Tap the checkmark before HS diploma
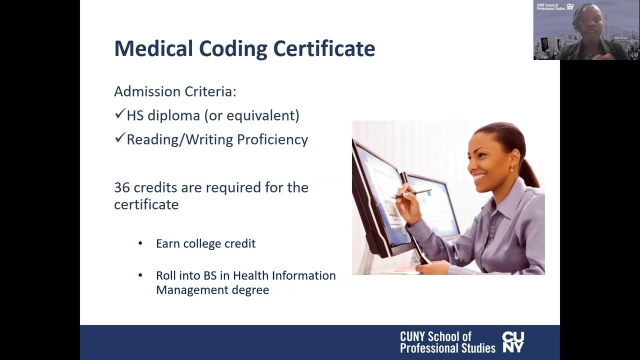[119, 115]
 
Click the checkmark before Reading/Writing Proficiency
[119, 138]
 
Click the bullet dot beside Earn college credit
[140, 243]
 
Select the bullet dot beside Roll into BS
[140, 275]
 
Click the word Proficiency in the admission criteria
[272, 139]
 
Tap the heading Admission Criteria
[175, 91]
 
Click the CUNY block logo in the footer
[513, 342]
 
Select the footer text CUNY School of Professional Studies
[447, 342]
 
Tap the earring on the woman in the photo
[511, 168]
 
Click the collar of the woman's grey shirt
[505, 200]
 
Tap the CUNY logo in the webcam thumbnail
[570, 7]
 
